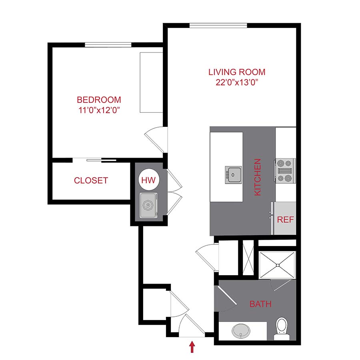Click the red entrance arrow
point(192,346)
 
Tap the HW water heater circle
point(150,180)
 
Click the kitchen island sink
point(233,175)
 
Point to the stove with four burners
point(284,170)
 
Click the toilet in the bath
point(282,326)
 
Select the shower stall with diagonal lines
point(277,265)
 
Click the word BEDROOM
point(99,100)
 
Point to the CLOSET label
point(91,180)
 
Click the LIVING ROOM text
point(237,72)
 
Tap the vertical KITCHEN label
point(258,177)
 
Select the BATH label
point(260,304)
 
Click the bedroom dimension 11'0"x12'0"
point(99,109)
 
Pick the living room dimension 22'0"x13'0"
point(237,82)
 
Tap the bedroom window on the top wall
point(108,44)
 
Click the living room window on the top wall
point(218,26)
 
